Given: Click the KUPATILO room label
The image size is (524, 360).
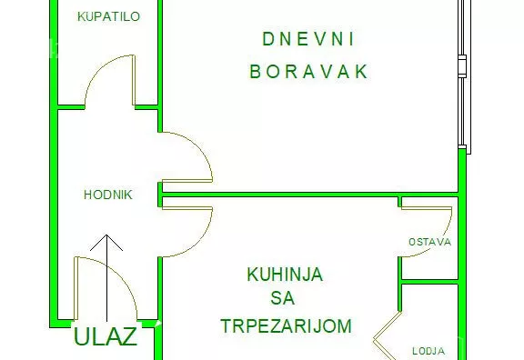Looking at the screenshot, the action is pyautogui.click(x=108, y=16).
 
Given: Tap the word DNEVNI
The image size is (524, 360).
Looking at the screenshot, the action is pyautogui.click(x=307, y=39).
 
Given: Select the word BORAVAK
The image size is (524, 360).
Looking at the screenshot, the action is pyautogui.click(x=308, y=72).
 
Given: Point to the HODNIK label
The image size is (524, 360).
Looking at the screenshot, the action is pyautogui.click(x=108, y=195).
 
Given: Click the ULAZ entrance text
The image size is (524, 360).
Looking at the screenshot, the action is pyautogui.click(x=105, y=336).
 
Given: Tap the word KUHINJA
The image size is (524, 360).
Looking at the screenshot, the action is pyautogui.click(x=284, y=274).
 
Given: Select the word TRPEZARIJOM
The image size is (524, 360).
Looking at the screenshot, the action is pyautogui.click(x=285, y=325).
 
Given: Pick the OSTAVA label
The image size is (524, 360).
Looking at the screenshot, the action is pyautogui.click(x=428, y=242).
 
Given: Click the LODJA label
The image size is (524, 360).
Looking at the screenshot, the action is pyautogui.click(x=428, y=350).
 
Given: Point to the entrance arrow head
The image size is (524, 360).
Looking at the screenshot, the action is pyautogui.click(x=108, y=241).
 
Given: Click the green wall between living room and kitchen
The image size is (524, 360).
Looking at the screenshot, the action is pyautogui.click(x=309, y=194).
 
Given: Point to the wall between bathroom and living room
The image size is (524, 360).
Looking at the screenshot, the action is pyautogui.click(x=160, y=55).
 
